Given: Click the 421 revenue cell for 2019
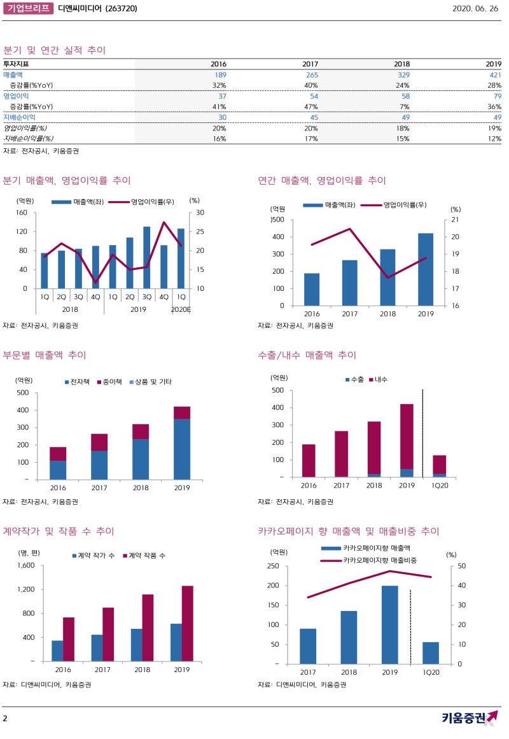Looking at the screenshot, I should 494,75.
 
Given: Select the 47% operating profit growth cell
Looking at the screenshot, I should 310,106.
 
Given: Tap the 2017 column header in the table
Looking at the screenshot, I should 310,64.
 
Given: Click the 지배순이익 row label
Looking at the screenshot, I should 19,117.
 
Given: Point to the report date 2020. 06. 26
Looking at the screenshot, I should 477,9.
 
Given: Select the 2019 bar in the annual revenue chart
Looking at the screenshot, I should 426,269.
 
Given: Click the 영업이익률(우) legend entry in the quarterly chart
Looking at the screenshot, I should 146,202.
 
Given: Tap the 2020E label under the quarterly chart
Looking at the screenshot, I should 181,309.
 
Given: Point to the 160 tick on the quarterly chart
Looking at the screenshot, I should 22,213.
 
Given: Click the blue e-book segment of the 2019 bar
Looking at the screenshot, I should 182,449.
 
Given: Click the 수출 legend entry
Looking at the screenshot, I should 358,379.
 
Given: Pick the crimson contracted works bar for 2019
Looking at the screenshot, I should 188,623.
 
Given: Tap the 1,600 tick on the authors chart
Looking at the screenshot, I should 25,565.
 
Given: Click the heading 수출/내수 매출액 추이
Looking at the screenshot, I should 307,355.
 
